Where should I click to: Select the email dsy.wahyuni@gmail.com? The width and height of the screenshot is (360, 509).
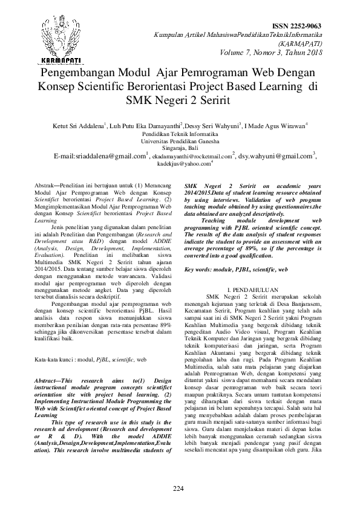tap(276, 155)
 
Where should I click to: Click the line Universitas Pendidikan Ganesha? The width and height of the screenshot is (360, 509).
tap(180, 140)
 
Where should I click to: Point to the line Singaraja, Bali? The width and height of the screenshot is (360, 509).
tap(180, 147)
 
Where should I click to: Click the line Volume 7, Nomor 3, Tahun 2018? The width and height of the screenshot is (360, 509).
tap(280, 53)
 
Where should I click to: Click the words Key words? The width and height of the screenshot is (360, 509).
tap(201, 268)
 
